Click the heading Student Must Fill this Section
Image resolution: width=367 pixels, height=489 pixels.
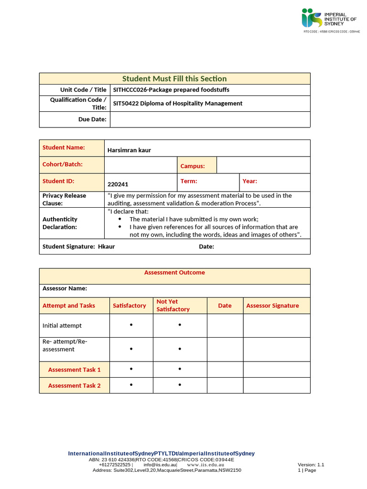pos(174,78)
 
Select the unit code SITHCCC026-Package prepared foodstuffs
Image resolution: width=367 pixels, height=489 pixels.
pos(171,90)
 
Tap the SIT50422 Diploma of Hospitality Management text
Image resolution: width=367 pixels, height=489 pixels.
pos(178,103)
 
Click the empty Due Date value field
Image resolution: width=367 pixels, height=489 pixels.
pos(210,119)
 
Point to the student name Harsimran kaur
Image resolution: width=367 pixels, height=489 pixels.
pos(129,150)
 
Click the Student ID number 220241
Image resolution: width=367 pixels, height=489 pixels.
pos(118,184)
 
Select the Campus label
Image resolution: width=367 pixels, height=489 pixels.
pos(192,166)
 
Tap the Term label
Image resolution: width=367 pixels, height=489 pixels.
pos(188,181)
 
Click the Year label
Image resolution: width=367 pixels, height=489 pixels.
pos(249,181)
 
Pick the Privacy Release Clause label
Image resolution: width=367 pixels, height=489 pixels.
pos(64,199)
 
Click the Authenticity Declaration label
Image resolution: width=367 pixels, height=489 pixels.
pos(60,223)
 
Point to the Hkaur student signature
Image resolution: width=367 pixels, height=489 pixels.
pos(106,246)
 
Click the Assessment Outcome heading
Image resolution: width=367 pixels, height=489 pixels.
pos(174,273)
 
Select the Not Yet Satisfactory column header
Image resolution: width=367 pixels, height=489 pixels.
pos(173,305)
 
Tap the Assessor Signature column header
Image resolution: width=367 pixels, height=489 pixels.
pos(272,306)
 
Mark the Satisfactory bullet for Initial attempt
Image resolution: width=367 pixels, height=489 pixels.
pos(131,325)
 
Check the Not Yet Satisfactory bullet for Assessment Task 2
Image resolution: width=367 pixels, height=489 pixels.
pos(180,385)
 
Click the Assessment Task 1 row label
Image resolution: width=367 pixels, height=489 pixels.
pos(74,370)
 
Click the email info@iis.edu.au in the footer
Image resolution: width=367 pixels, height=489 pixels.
pos(160,465)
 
